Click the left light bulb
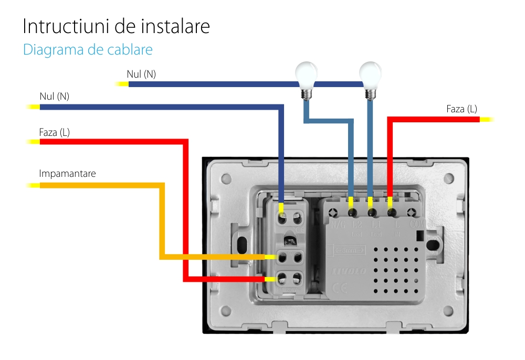tap(306, 75)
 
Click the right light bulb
tap(370, 75)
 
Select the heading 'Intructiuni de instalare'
tap(116, 26)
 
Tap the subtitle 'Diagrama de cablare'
tap(88, 50)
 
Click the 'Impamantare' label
tap(67, 173)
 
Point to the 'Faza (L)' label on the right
tap(461, 109)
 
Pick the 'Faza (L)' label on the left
tap(54, 132)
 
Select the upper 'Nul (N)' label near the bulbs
tap(141, 75)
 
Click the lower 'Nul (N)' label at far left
tap(54, 97)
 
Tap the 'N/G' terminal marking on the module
tap(339, 225)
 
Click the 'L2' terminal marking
tap(358, 225)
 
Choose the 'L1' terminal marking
tap(376, 225)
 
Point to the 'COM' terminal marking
tap(416, 225)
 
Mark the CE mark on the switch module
tap(339, 287)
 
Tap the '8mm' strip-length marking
tap(346, 251)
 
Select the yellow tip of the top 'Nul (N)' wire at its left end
tap(122, 84)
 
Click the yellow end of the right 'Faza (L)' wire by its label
tap(486, 120)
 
